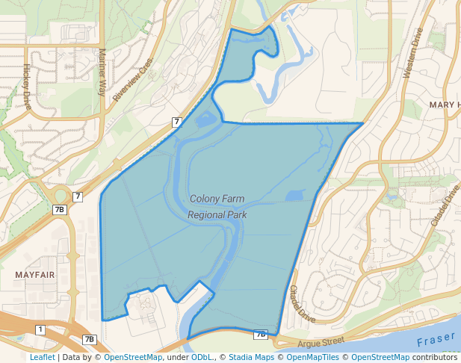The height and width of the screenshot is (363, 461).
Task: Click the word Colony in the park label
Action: pyautogui.click(x=205, y=199)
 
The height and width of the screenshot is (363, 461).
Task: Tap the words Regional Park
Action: pyautogui.click(x=217, y=214)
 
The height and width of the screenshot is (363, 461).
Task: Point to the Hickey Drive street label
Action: pyautogui.click(x=28, y=86)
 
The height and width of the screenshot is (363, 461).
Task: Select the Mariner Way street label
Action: pyautogui.click(x=102, y=72)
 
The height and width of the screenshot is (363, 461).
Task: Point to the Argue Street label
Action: pyautogui.click(x=320, y=342)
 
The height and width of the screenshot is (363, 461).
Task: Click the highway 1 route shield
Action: pyautogui.click(x=40, y=329)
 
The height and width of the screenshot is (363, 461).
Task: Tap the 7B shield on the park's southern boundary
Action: pyautogui.click(x=260, y=335)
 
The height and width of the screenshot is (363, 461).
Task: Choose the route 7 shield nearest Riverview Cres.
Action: pyautogui.click(x=176, y=122)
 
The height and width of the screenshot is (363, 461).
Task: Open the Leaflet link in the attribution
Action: pyautogui.click(x=42, y=358)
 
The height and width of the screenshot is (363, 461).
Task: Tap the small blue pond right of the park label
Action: pyautogui.click(x=295, y=196)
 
